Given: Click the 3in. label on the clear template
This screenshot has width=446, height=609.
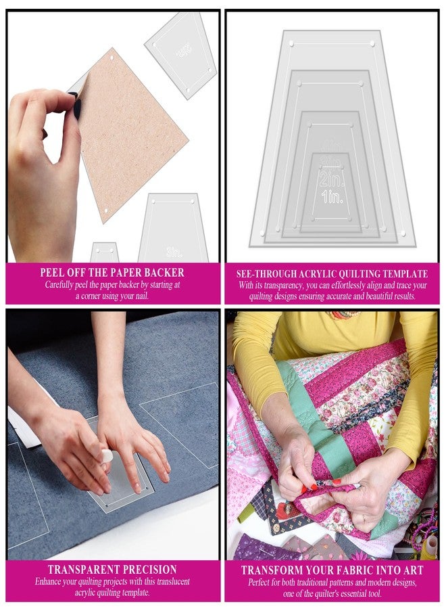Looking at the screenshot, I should [174, 252].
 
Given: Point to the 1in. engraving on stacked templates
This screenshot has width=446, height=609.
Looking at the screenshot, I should [331, 197].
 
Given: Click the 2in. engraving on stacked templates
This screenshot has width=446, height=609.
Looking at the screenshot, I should [331, 179].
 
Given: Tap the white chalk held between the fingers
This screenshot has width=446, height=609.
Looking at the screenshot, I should [107, 456].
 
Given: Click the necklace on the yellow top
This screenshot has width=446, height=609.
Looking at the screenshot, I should [345, 315].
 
